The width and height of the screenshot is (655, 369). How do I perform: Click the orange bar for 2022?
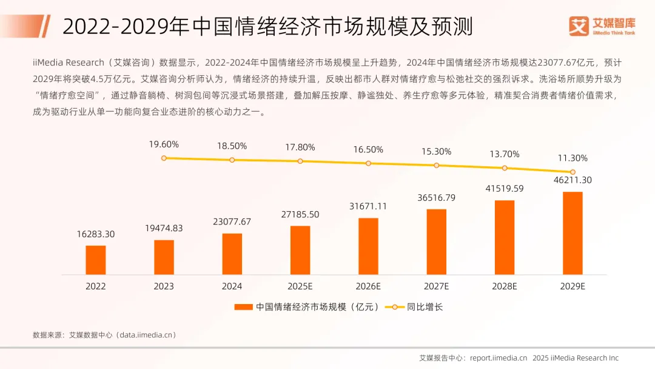tap(96, 260)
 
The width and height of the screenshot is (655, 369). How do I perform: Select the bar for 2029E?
tap(573, 233)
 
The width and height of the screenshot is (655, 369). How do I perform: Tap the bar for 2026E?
tap(368, 246)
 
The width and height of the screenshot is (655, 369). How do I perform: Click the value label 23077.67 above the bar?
tap(232, 222)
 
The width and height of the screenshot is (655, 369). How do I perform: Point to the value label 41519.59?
tap(504, 189)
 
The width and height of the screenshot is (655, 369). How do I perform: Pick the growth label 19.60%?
tap(164, 144)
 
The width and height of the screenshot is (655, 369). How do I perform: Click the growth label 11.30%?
tap(573, 158)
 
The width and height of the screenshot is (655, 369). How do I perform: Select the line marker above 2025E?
tap(300, 161)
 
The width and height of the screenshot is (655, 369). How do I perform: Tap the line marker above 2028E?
tap(504, 168)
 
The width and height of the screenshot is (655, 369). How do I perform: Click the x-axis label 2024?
tap(232, 286)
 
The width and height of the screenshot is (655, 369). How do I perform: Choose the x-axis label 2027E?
tap(436, 286)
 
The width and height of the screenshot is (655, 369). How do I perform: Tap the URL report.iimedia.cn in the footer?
tap(499, 357)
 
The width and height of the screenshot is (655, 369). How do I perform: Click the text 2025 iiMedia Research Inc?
tap(576, 357)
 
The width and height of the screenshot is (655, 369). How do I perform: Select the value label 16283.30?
tap(96, 234)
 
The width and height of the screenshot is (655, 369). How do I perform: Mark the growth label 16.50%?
tap(368, 149)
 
